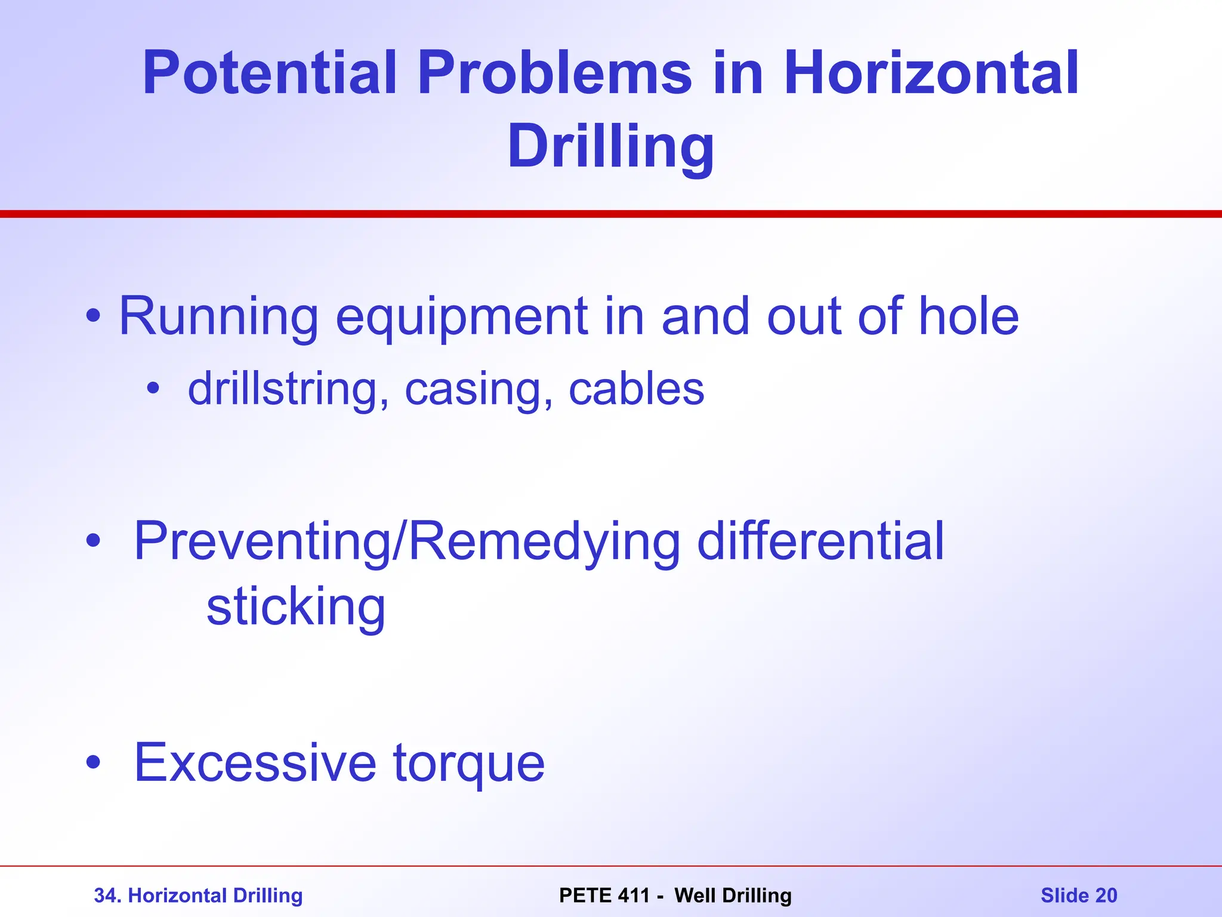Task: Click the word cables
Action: (636, 389)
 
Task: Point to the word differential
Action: (820, 541)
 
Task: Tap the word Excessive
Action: (255, 762)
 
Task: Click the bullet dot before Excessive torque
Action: (92, 762)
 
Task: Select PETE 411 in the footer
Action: (604, 896)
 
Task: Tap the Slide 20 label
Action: (1079, 896)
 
